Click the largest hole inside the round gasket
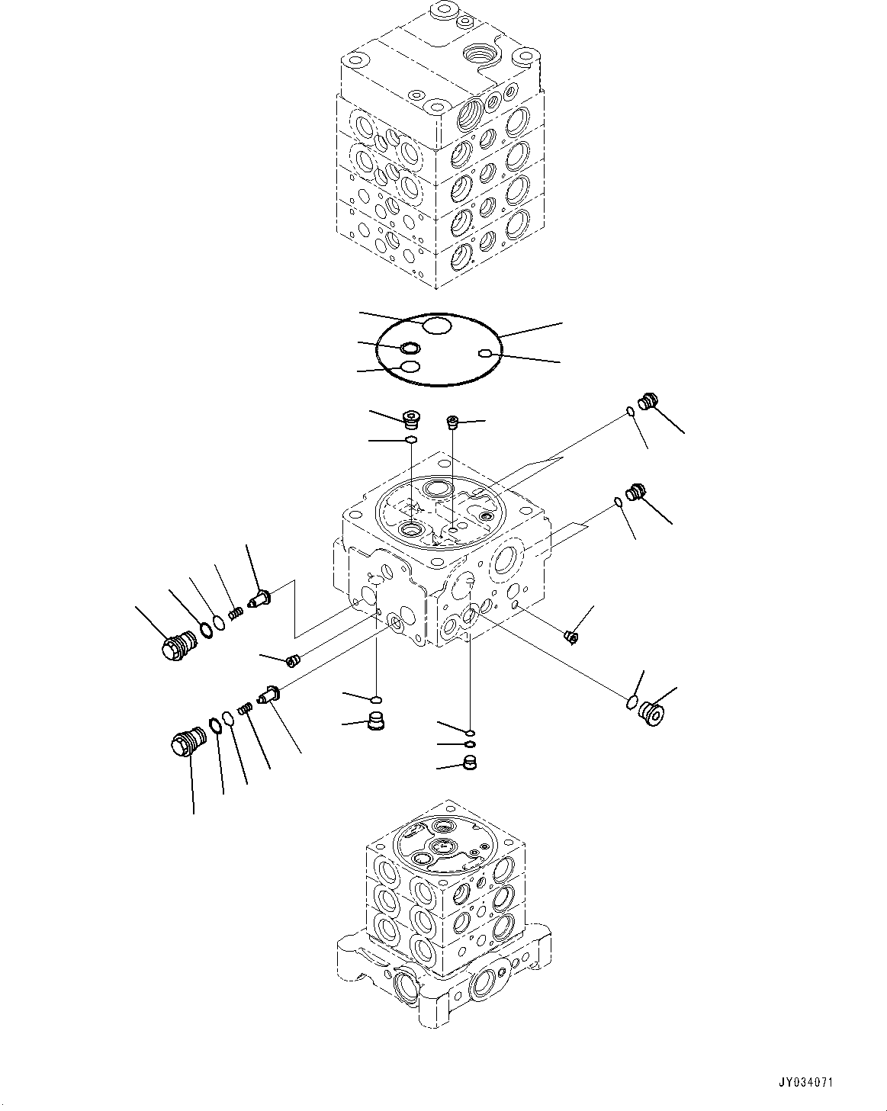[x=437, y=326]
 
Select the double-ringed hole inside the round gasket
[x=410, y=349]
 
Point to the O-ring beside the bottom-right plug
[x=632, y=702]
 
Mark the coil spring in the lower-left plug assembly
[x=245, y=709]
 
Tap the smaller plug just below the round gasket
[x=452, y=421]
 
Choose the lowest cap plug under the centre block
[x=471, y=763]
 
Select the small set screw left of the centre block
[x=292, y=660]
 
